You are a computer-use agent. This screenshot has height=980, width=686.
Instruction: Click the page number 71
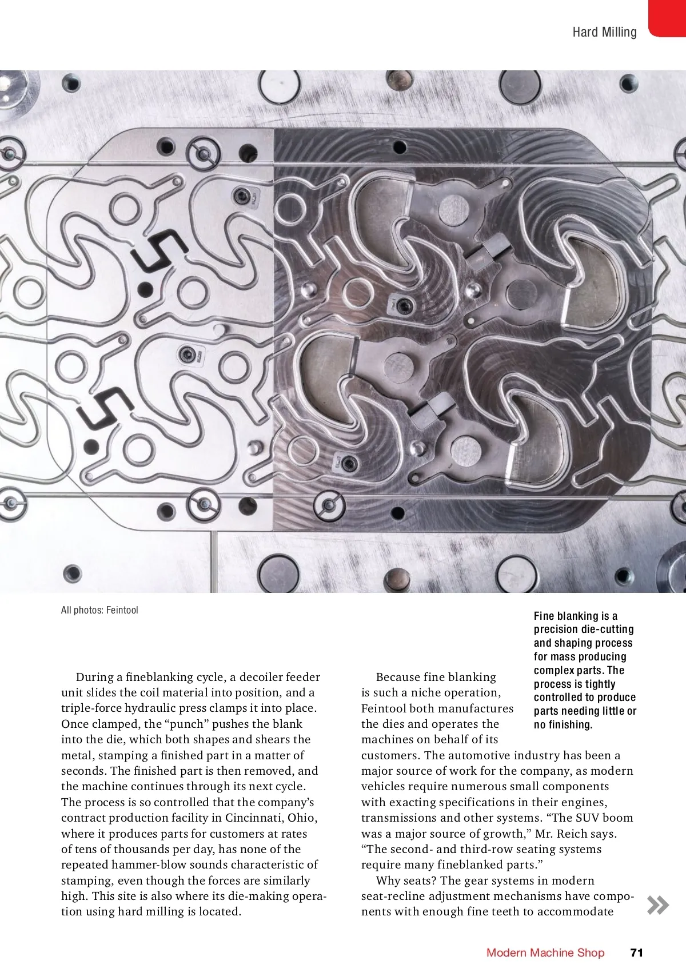click(x=636, y=952)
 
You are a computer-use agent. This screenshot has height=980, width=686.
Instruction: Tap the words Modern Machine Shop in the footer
click(x=545, y=952)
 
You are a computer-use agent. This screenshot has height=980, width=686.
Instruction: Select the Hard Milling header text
click(x=604, y=32)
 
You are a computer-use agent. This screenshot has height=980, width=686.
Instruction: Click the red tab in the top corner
click(x=667, y=18)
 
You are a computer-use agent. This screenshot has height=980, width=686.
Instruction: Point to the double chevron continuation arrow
click(x=657, y=905)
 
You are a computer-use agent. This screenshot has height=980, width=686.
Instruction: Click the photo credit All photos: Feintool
click(x=99, y=610)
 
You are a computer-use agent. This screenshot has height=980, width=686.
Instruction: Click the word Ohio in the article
click(x=301, y=818)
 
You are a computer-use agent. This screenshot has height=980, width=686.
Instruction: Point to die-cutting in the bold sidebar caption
click(x=607, y=630)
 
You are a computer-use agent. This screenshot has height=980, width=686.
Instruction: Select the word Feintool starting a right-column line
click(x=384, y=708)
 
